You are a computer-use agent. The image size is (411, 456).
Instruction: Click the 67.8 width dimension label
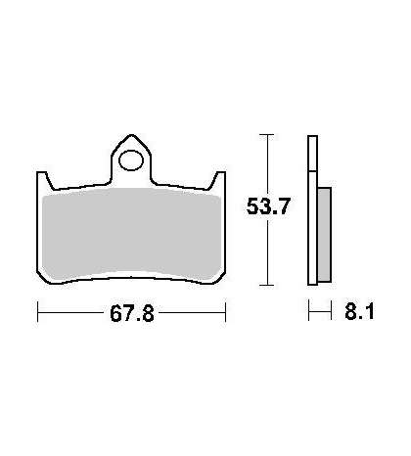tap(132, 313)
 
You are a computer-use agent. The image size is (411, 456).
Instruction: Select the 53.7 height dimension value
tap(268, 206)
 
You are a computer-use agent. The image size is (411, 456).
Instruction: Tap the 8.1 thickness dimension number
tap(359, 311)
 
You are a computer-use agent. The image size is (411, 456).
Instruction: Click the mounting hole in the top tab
tap(131, 160)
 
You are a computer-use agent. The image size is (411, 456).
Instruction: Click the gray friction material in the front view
tap(132, 233)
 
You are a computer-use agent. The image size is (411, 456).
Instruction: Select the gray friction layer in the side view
tap(324, 234)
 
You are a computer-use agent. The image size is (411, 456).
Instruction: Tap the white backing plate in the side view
tap(312, 210)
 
